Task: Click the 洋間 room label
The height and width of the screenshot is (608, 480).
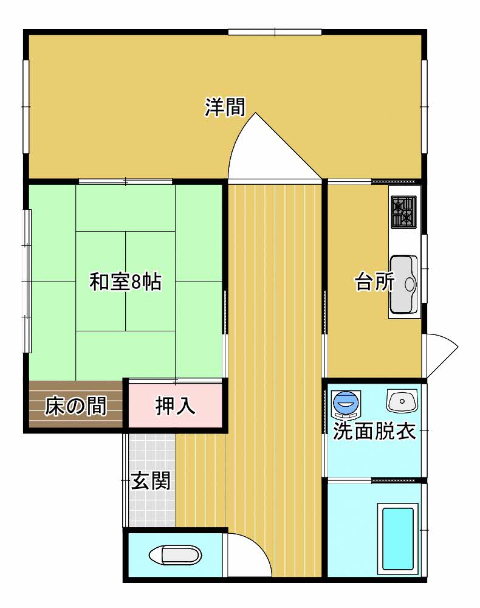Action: [225, 108]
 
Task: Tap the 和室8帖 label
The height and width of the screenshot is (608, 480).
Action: [126, 282]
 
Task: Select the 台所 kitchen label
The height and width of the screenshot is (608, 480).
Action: [375, 282]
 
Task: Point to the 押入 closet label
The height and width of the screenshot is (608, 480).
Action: [175, 406]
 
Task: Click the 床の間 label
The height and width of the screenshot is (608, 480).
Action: [76, 406]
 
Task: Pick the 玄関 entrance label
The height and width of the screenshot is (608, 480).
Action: [150, 481]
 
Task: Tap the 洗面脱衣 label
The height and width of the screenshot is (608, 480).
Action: [374, 431]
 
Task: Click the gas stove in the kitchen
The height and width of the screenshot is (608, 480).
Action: [403, 212]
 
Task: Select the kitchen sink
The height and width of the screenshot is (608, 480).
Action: [403, 284]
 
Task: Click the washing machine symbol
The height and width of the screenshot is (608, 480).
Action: [346, 404]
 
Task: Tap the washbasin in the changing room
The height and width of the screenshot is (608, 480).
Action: [402, 401]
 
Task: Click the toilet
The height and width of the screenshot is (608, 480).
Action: [176, 555]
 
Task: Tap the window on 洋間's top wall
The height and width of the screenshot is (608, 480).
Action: [275, 32]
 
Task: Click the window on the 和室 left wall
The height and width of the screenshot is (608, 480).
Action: [27, 281]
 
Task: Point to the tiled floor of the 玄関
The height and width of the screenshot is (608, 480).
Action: [152, 481]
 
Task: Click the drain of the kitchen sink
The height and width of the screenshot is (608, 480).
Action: [410, 284]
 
